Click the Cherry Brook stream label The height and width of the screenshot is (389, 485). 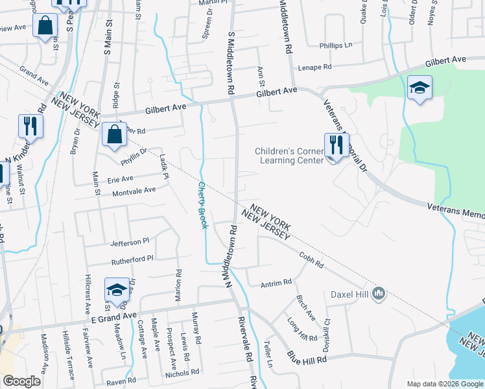click(202, 204)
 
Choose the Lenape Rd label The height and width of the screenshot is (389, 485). click(314, 67)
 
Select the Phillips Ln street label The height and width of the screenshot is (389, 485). click(335, 45)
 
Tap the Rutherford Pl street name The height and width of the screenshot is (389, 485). click(132, 258)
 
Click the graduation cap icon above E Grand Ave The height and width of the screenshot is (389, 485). click(117, 290)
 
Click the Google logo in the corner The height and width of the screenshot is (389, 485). click(22, 381)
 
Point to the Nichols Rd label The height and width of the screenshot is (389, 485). click(182, 373)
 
